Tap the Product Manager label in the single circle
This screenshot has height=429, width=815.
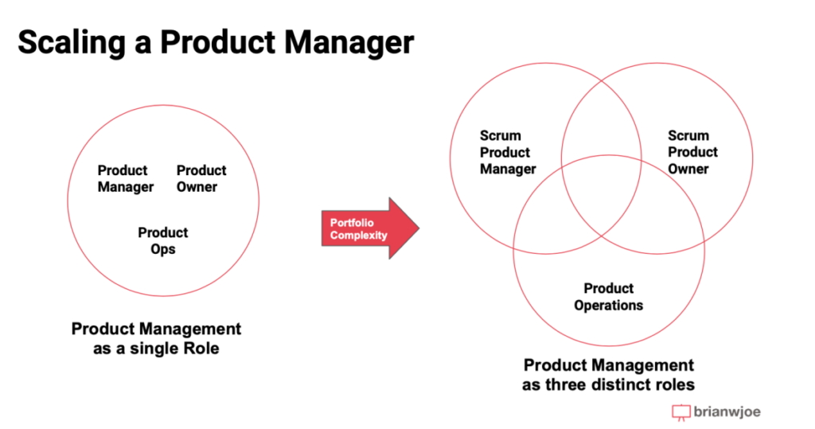click(x=125, y=178)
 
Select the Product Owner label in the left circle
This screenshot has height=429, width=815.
click(x=201, y=178)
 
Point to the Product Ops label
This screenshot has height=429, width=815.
click(x=162, y=240)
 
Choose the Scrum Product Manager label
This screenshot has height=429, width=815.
click(x=508, y=152)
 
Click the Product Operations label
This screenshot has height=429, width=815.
click(x=608, y=296)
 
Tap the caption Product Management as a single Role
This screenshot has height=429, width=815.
click(x=156, y=338)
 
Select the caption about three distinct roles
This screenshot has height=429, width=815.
click(x=608, y=375)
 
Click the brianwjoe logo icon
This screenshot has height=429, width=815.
click(x=680, y=412)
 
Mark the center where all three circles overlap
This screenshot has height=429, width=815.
click(x=602, y=195)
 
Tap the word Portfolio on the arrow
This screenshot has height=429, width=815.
click(x=352, y=223)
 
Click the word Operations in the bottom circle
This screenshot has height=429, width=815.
click(x=608, y=305)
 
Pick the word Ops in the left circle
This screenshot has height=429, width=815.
click(x=162, y=249)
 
